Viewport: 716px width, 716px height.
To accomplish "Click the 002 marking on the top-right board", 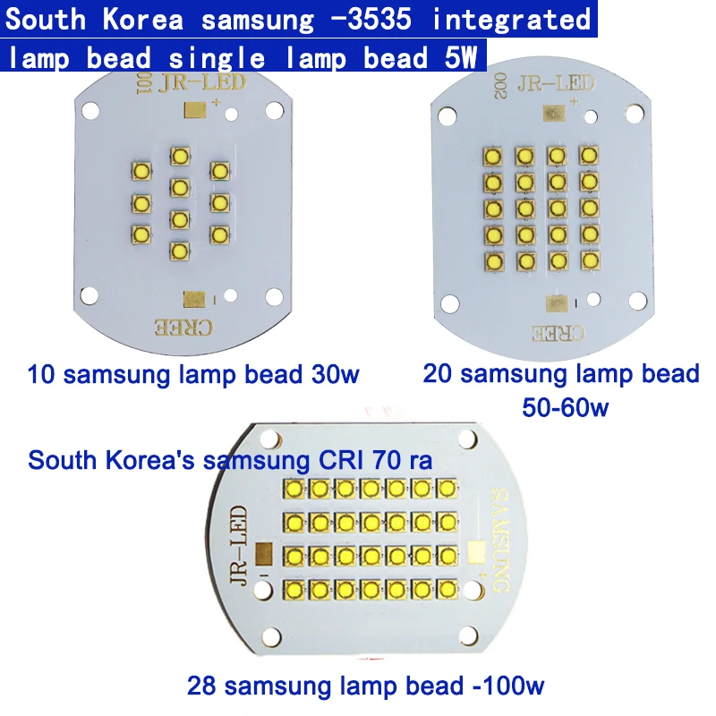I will [498, 88].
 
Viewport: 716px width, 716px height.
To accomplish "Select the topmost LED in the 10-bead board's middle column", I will [180, 157].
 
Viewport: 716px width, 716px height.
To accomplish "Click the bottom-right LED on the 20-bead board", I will [589, 260].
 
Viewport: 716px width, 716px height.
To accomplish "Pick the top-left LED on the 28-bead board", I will [294, 488].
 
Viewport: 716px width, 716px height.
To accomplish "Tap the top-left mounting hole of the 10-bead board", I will [89, 112].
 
